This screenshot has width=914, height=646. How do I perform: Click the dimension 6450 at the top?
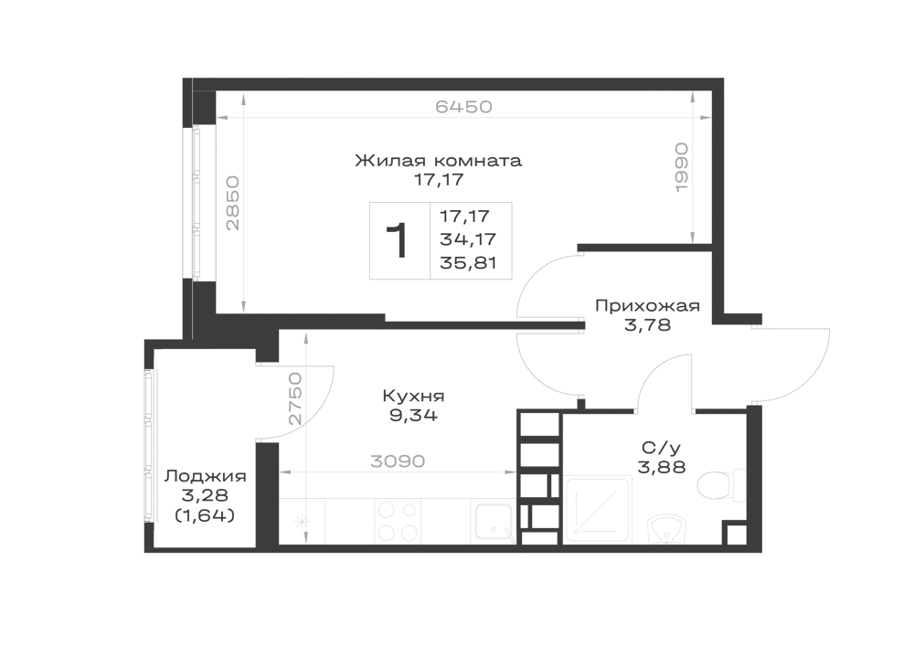(464, 107)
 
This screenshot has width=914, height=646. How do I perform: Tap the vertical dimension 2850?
(232, 203)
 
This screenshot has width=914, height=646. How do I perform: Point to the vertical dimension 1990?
(681, 167)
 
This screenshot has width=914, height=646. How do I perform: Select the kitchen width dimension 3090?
(398, 461)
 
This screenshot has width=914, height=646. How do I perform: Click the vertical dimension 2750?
(295, 398)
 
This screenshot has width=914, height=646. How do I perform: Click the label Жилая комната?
(439, 160)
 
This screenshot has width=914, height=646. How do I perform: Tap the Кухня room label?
(413, 397)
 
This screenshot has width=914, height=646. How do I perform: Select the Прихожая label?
(647, 306)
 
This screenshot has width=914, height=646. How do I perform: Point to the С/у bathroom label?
(661, 448)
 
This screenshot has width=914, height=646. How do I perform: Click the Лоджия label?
(205, 476)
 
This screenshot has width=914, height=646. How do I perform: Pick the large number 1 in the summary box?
(397, 241)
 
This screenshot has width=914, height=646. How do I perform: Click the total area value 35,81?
(468, 263)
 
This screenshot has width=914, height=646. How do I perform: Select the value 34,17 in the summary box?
(468, 239)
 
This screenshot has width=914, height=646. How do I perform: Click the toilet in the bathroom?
(720, 484)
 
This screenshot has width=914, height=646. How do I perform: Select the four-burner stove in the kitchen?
(398, 522)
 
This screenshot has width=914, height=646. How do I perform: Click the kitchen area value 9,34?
(414, 416)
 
